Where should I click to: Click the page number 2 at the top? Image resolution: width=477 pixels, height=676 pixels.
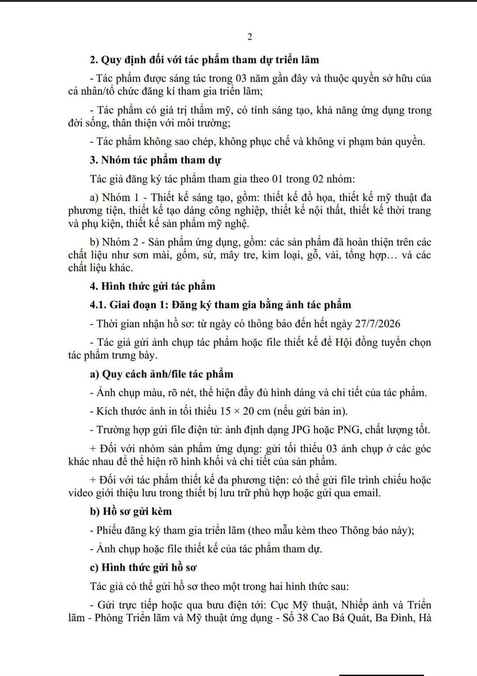pyautogui.click(x=250, y=37)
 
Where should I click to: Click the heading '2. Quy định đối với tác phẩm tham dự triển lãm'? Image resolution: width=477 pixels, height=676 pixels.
pyautogui.click(x=204, y=60)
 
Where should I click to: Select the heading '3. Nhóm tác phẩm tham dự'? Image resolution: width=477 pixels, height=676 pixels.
pyautogui.click(x=155, y=160)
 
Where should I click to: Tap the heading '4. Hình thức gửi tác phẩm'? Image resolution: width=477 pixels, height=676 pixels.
pyautogui.click(x=152, y=286)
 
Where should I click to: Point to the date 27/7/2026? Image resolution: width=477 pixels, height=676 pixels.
pyautogui.click(x=378, y=324)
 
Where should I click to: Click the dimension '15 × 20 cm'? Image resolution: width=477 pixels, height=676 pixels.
pyautogui.click(x=245, y=411)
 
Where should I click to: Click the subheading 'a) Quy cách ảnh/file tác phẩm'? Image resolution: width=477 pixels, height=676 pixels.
pyautogui.click(x=161, y=374)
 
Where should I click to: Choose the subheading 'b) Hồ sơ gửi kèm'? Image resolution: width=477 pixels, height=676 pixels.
pyautogui.click(x=131, y=511)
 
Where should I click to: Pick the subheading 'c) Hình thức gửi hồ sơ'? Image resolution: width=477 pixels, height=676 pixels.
pyautogui.click(x=143, y=567)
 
